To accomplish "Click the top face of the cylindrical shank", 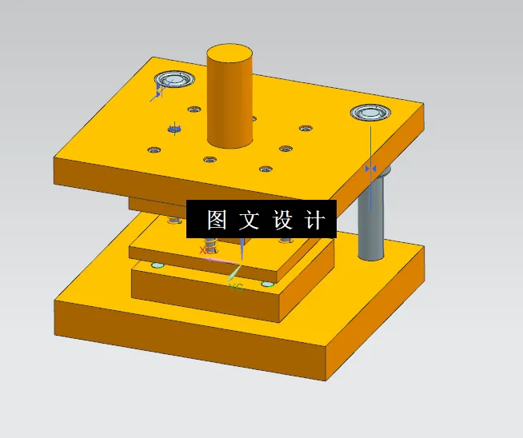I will point(229,54).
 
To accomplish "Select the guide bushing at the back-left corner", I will point(175,79).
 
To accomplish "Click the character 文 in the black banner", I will point(250,220).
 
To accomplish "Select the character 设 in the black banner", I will point(283,220).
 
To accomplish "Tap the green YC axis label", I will point(234,286).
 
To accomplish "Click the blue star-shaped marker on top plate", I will point(174,128).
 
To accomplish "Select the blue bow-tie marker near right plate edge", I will point(370,169).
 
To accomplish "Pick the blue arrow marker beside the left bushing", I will point(158,93).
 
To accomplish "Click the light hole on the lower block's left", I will point(158,265).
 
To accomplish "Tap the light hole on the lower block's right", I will point(267,283).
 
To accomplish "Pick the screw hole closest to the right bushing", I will point(305,128).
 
